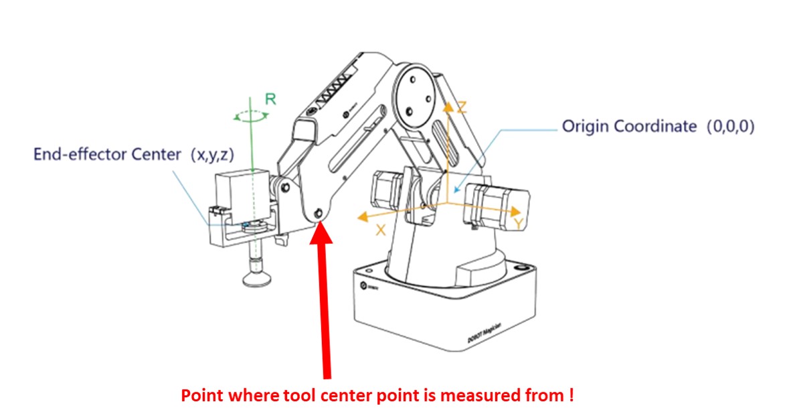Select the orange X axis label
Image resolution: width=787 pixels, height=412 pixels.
click(x=381, y=229)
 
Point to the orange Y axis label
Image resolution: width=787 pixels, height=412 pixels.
click(x=517, y=222)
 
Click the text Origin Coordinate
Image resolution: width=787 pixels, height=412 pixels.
click(x=628, y=126)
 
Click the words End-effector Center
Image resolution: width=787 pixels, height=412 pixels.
click(x=107, y=155)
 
